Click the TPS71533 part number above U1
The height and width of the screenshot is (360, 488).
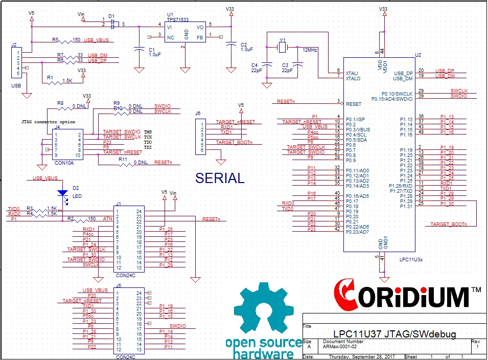177,19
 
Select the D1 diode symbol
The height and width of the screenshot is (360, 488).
114,24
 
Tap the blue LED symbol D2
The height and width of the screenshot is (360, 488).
62,193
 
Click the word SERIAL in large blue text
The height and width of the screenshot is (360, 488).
220,178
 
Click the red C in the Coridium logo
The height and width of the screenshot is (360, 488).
344,295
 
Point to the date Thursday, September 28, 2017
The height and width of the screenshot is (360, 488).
362,356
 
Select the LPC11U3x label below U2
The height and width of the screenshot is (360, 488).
411,259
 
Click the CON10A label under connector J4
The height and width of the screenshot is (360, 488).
64,163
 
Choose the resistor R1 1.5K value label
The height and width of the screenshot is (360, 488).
67,80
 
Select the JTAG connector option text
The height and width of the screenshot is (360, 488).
48,122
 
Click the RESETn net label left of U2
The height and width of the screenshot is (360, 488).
286,101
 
